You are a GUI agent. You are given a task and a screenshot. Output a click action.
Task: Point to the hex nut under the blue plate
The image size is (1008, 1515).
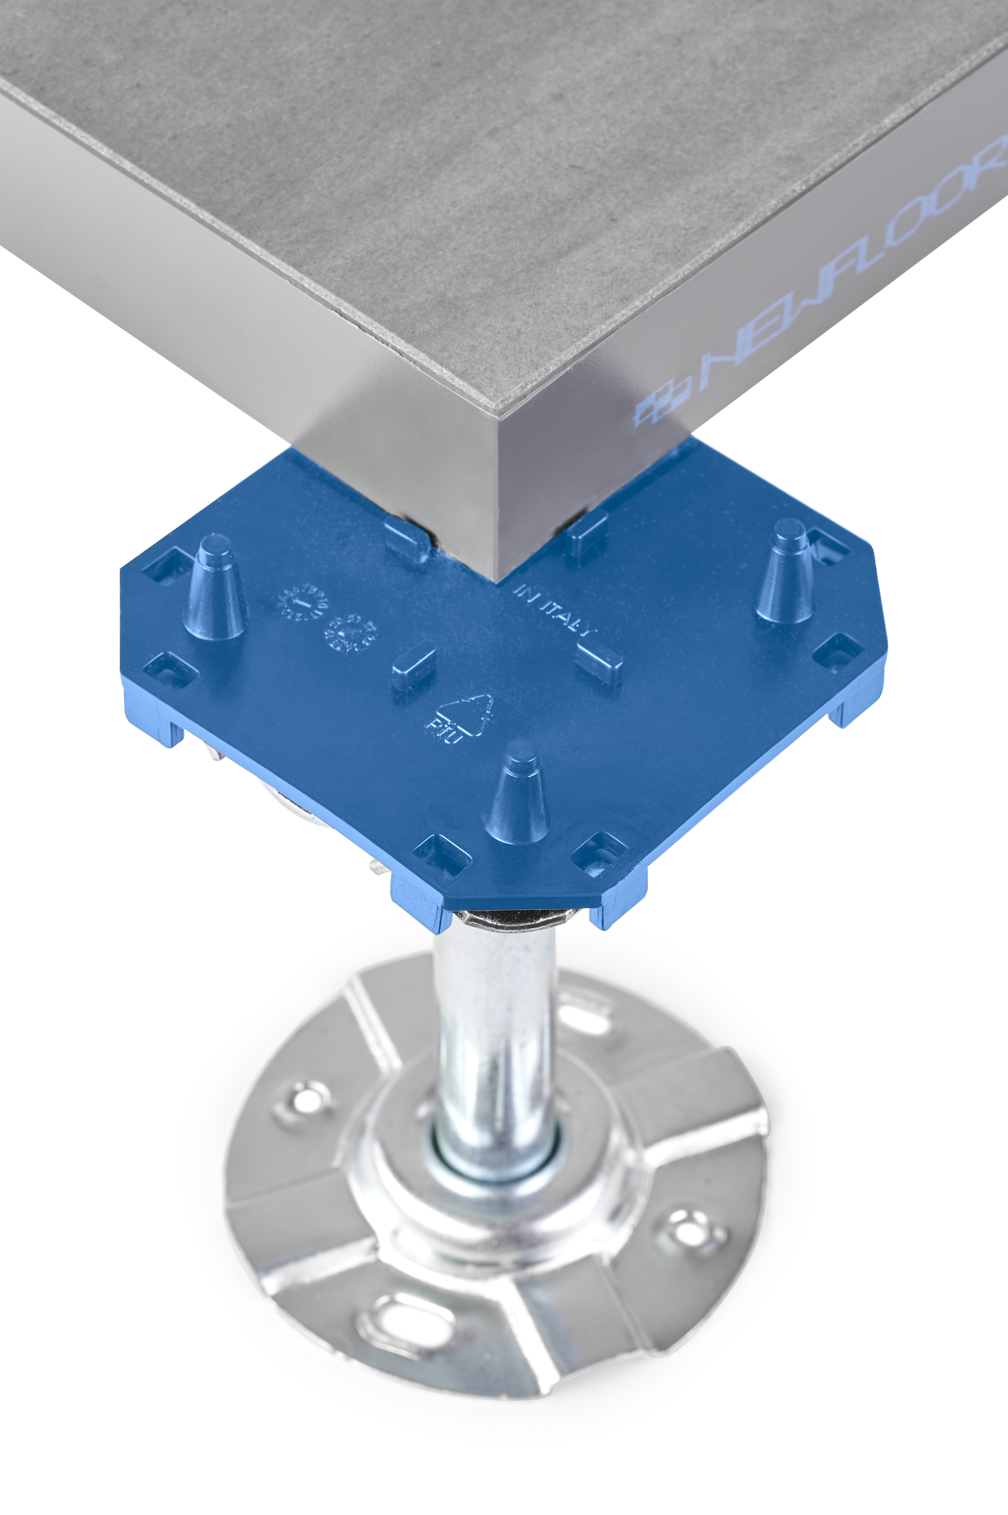point(514,919)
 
